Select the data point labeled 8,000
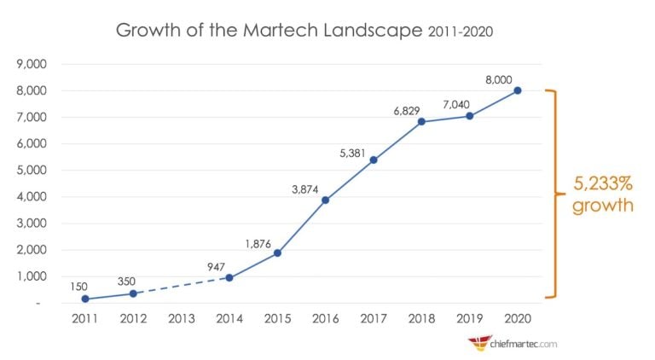click(x=518, y=90)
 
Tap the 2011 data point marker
click(x=84, y=299)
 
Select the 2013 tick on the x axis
click(x=181, y=319)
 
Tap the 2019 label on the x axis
click(x=470, y=319)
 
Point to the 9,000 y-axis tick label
click(x=32, y=64)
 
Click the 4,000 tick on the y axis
click(x=32, y=197)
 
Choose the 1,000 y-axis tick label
click(x=32, y=276)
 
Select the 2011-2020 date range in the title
click(x=460, y=32)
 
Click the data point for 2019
click(x=470, y=116)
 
